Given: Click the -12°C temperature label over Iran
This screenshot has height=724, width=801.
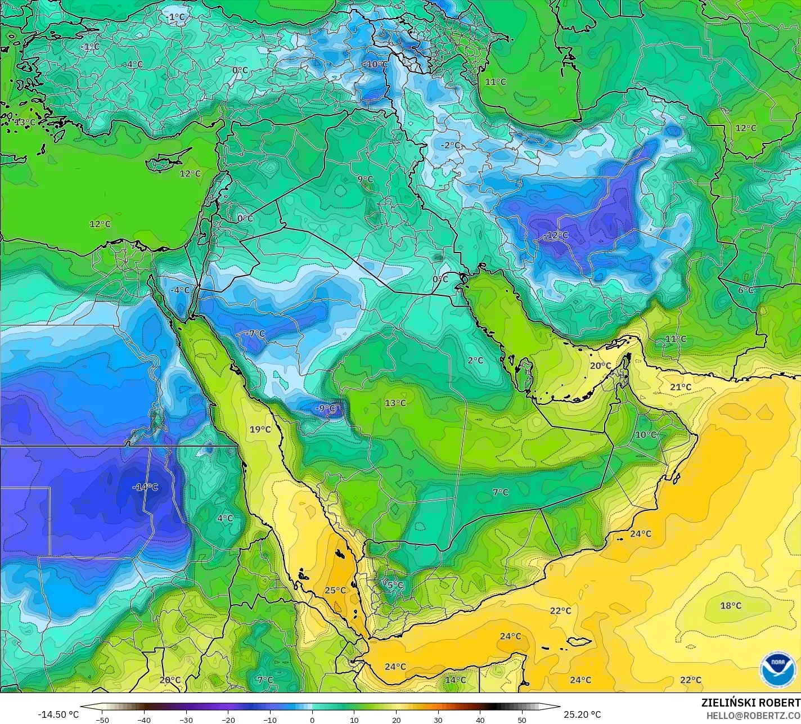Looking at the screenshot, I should pos(556,235).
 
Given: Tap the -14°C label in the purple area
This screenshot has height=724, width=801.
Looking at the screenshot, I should pos(145,487).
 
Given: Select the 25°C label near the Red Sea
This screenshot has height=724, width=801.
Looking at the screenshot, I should pos(335,590).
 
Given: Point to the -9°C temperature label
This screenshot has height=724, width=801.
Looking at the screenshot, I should pos(325,408).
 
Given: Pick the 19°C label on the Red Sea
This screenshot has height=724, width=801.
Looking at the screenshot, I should pos(260,429).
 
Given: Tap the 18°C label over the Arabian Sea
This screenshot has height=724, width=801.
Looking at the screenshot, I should pos(731,606).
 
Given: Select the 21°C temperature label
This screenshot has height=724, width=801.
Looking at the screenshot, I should pos(681,387).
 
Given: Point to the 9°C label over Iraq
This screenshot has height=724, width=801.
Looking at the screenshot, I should pos(365,179).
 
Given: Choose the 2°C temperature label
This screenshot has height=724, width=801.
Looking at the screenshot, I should pos(475,360).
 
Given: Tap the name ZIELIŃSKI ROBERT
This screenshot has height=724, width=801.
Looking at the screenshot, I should pos(750,703).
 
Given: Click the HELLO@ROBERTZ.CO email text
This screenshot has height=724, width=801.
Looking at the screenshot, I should pos(754,715).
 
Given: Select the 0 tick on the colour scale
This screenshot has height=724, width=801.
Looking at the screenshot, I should pos(312,719).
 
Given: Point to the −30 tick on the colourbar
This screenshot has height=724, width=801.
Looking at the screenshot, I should pos(186,719).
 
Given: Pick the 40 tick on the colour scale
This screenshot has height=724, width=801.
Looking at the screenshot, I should pos(480,719).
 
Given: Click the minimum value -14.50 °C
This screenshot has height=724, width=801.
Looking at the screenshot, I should pos(58,714).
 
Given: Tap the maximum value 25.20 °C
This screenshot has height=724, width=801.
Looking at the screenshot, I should pos(582,714).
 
